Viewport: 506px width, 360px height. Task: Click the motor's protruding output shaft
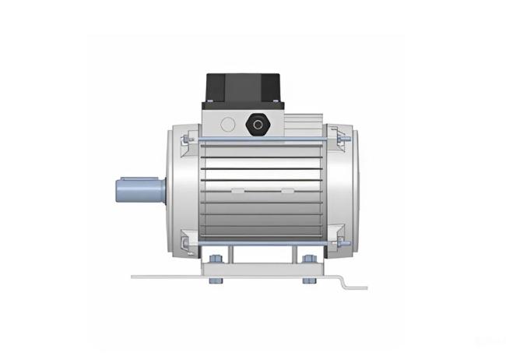tap(138, 189)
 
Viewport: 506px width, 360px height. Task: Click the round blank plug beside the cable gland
tap(227, 123)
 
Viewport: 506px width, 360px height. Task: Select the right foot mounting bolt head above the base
tap(310, 259)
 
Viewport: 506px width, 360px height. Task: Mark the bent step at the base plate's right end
tap(343, 281)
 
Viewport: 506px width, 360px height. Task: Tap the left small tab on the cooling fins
tap(234, 189)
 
